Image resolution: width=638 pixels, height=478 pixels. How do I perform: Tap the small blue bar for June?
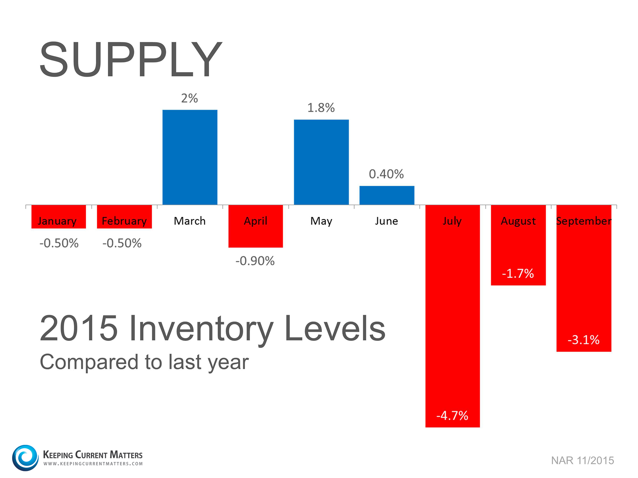click(387, 195)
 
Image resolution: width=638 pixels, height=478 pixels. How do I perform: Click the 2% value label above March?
click(189, 98)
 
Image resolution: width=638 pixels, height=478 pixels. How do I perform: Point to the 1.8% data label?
click(321, 108)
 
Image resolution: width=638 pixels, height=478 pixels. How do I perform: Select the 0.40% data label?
click(386, 174)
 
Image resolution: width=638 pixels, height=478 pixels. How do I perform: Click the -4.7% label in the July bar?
click(452, 416)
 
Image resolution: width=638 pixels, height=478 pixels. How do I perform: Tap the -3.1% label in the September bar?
click(583, 340)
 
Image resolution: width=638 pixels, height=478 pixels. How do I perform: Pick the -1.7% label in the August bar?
click(518, 273)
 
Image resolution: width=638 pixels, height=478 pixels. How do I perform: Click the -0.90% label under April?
click(255, 261)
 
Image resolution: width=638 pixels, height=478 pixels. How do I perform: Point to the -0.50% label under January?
click(59, 243)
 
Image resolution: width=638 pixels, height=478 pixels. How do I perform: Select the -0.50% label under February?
click(122, 243)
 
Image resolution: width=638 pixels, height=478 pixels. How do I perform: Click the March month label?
click(190, 221)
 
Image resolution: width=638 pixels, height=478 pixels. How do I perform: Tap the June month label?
click(386, 221)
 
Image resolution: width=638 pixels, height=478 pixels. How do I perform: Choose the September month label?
click(584, 221)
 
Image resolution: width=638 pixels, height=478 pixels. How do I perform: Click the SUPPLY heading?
click(131, 60)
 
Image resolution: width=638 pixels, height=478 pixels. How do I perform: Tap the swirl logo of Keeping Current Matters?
click(25, 458)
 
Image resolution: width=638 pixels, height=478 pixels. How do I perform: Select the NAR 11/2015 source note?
click(582, 460)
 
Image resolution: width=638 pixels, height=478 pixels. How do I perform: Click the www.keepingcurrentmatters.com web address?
click(93, 464)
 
